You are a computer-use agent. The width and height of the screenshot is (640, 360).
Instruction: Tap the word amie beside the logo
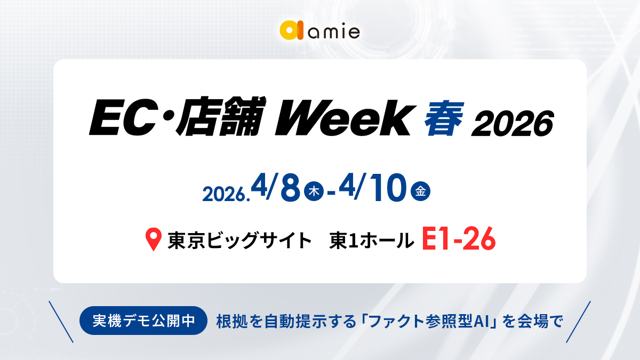coord(334,32)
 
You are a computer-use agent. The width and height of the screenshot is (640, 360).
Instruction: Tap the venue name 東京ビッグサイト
coord(239,241)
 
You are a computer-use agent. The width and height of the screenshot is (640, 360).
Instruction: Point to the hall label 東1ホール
coord(372,241)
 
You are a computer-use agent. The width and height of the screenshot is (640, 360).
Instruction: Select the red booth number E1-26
coord(459,240)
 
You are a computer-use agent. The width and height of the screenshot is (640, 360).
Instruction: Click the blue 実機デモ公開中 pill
coord(143,321)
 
